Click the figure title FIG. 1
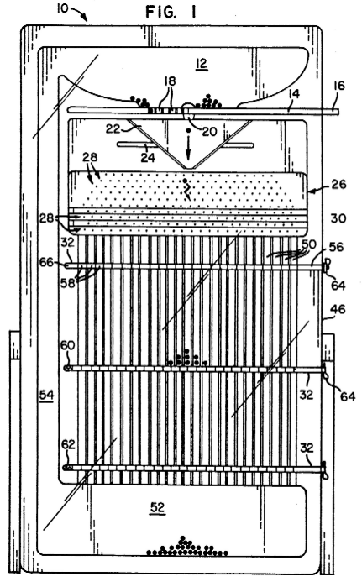[171, 13]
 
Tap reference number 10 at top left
[62, 8]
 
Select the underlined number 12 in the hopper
[202, 63]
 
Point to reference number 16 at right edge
[339, 86]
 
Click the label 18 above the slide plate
[170, 81]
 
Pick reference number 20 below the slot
[208, 131]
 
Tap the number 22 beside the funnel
[113, 128]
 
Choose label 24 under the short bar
[148, 157]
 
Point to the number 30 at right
[338, 218]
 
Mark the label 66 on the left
[46, 263]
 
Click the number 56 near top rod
[336, 247]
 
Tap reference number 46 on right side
[338, 309]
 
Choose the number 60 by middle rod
[67, 345]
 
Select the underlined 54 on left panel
[47, 396]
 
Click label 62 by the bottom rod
[68, 444]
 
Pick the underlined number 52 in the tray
[157, 507]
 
